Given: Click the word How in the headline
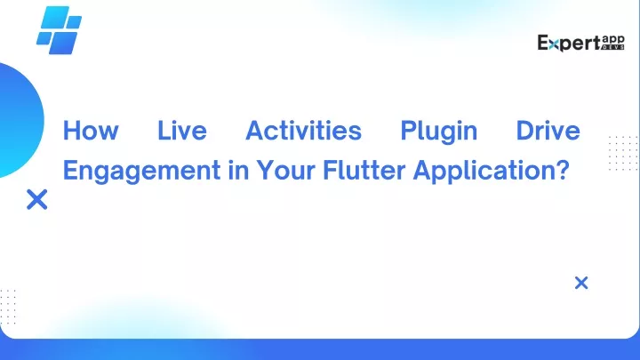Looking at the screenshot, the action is point(91,131).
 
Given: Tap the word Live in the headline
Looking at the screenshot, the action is point(182,131).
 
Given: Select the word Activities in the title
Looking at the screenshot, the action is point(304,131).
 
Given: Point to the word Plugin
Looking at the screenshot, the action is point(439,132).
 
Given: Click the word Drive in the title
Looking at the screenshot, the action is point(548,131).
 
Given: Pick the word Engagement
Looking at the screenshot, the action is point(141,171).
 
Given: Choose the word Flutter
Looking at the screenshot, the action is point(364,170).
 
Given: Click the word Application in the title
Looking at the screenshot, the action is point(484,171).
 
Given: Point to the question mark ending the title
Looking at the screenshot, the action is point(563,170).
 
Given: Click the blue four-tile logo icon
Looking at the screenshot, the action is point(60,30).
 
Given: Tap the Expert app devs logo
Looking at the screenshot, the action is point(580,43).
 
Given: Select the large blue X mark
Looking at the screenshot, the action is point(37,200).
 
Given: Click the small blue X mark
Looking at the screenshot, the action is point(581,283).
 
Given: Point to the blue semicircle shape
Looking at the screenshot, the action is point(20,120).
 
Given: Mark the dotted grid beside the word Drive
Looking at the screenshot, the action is point(623,154).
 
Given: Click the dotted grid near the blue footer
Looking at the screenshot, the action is point(8,307).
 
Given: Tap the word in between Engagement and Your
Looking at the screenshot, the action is point(238,170).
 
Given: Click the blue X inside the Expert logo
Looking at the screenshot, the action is point(554,45).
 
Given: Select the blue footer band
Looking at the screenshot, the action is point(320,349).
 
